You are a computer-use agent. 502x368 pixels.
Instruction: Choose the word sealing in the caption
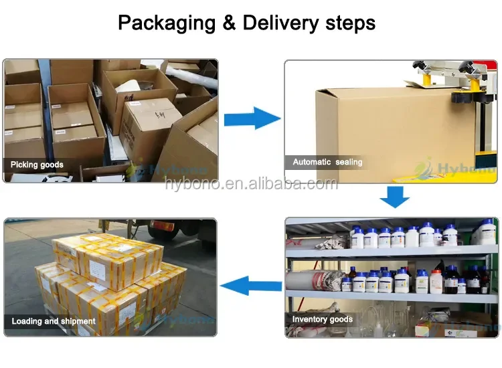point(349,162)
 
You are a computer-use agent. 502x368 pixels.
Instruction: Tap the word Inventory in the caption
point(311,320)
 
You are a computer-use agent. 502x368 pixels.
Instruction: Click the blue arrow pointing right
point(252,119)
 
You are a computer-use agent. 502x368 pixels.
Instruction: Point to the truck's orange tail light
point(155,226)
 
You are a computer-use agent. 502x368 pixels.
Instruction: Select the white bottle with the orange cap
point(436,281)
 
